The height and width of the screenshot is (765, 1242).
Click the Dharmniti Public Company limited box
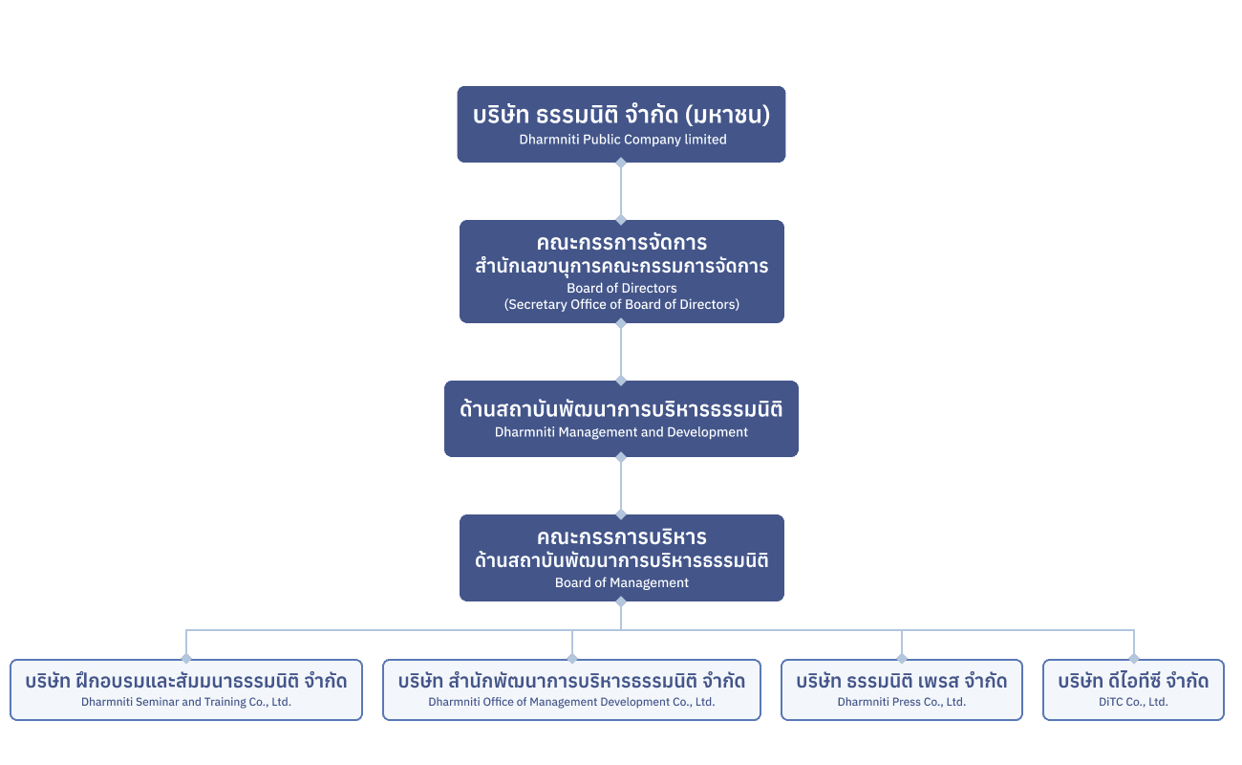[x=621, y=124]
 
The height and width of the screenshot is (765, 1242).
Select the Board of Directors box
[x=621, y=271]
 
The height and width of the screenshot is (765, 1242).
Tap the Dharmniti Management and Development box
[x=621, y=418]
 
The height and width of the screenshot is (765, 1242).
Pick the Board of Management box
[x=621, y=557]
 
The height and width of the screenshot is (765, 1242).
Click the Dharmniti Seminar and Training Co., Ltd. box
[x=186, y=689]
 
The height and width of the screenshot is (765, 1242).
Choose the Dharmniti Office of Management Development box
[x=571, y=689]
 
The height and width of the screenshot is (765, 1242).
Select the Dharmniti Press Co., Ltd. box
[x=901, y=689]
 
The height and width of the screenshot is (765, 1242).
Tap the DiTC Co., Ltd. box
[x=1133, y=689]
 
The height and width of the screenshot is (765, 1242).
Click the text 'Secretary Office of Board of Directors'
[x=622, y=305]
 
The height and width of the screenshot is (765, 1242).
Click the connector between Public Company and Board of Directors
[x=621, y=191]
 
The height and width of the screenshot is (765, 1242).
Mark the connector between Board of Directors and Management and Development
[x=621, y=352]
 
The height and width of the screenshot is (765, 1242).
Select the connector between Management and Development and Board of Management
[x=621, y=486]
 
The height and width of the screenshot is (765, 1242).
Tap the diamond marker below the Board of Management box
[x=621, y=601]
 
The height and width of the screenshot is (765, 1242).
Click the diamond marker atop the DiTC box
[x=1134, y=659]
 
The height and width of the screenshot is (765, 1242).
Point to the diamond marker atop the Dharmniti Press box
[x=901, y=659]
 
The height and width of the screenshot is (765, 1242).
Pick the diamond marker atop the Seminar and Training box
[x=186, y=659]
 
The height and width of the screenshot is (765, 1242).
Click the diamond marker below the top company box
[x=621, y=163]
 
